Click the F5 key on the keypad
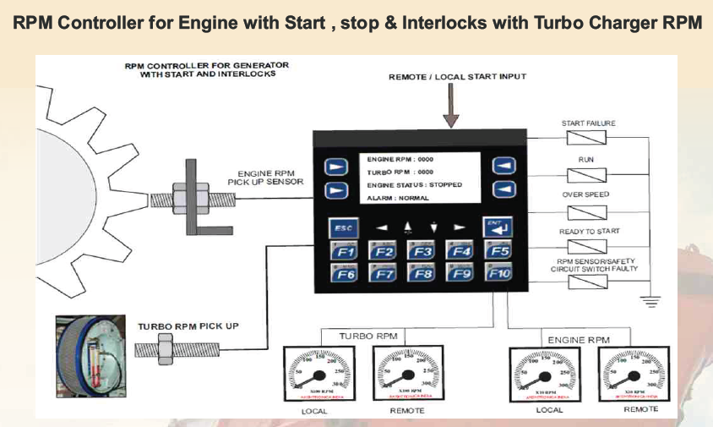(x=499, y=251)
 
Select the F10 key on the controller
(x=499, y=274)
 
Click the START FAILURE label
(x=589, y=123)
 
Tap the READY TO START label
(x=589, y=231)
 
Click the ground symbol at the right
(x=650, y=298)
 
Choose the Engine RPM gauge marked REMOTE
(x=634, y=371)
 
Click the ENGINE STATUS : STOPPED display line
(x=415, y=184)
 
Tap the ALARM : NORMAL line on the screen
(x=398, y=198)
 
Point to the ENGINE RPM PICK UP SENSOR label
(x=271, y=177)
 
